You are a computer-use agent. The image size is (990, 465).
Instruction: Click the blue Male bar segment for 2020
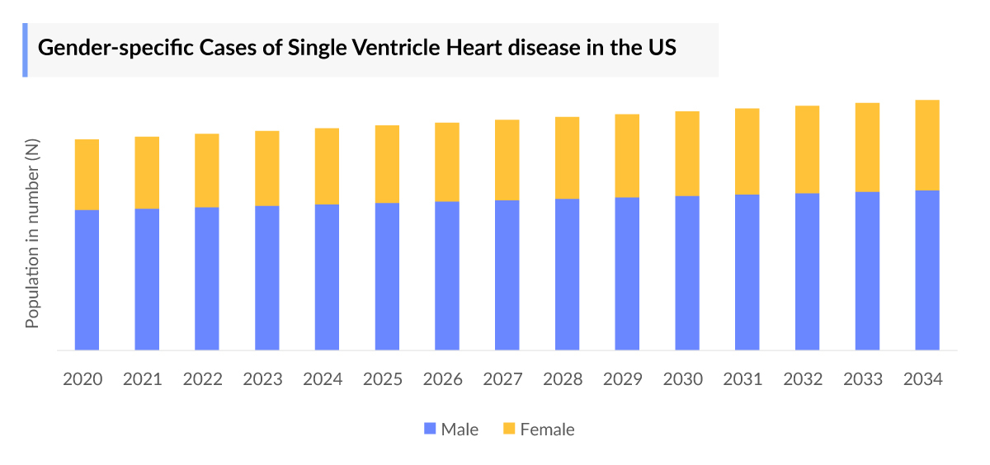pyautogui.click(x=87, y=280)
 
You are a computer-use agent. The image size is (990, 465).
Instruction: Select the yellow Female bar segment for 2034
pyautogui.click(x=927, y=145)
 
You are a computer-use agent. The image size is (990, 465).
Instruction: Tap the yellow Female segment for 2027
pyautogui.click(x=507, y=160)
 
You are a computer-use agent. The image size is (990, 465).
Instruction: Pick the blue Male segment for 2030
pyautogui.click(x=687, y=273)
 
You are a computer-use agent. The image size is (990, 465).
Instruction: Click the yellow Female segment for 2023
pyautogui.click(x=267, y=168)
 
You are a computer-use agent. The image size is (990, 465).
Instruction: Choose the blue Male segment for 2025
pyautogui.click(x=387, y=276)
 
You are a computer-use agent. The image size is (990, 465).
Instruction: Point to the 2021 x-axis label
pyautogui.click(x=143, y=379)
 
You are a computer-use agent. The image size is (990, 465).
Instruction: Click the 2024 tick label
pyautogui.click(x=323, y=379)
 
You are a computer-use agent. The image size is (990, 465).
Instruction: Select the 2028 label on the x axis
pyautogui.click(x=563, y=379)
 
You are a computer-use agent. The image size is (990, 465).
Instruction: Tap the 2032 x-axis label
pyautogui.click(x=803, y=379)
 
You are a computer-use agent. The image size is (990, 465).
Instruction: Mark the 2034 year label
pyautogui.click(x=923, y=379)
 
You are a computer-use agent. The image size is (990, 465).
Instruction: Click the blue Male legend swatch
pyautogui.click(x=429, y=429)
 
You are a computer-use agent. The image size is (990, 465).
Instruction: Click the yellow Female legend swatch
pyautogui.click(x=509, y=429)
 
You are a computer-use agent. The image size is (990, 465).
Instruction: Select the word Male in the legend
pyautogui.click(x=460, y=430)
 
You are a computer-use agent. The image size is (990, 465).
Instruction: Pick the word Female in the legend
pyautogui.click(x=547, y=430)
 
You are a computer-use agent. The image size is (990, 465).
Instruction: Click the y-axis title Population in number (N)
pyautogui.click(x=32, y=233)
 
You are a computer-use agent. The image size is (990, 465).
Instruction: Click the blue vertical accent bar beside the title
pyautogui.click(x=25, y=50)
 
